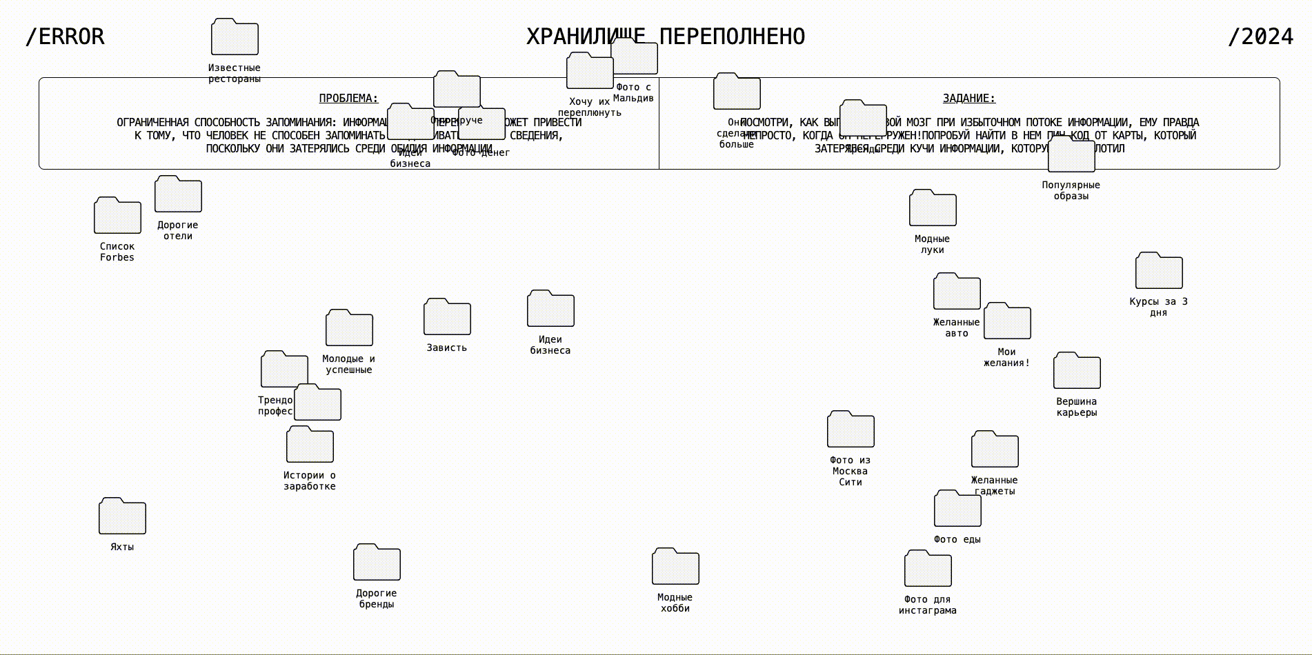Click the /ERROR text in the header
tap(65, 37)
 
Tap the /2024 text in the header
tap(1260, 37)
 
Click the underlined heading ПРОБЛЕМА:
tap(348, 99)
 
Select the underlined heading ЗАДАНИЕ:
tap(969, 99)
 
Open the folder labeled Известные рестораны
tap(235, 38)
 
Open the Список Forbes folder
tap(117, 216)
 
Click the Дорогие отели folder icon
tap(178, 194)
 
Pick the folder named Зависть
tap(447, 317)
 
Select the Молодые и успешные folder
tap(349, 328)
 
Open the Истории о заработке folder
tap(310, 445)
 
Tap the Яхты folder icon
tap(122, 516)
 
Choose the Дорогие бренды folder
tap(377, 563)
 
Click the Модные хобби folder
tap(675, 567)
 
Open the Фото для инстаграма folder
tap(928, 569)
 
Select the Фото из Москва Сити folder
tap(851, 430)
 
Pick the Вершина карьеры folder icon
tap(1077, 371)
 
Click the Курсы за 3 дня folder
tap(1159, 271)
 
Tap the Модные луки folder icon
tap(933, 208)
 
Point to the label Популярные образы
tap(1071, 190)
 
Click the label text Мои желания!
tap(1006, 357)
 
